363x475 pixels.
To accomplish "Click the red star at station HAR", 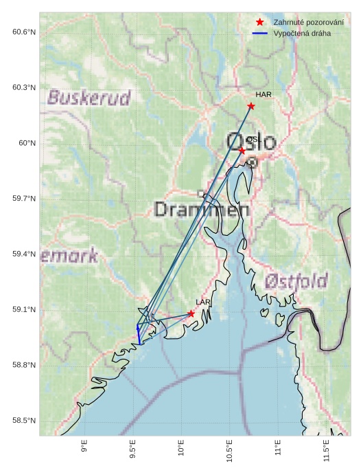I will point(251,106).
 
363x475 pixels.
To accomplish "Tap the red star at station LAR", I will point(191,313).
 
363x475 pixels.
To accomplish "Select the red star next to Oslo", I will point(242,151).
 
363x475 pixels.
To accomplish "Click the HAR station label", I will point(264,95).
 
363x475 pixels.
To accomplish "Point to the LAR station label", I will point(203,302).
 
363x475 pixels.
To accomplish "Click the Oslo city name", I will point(250,141).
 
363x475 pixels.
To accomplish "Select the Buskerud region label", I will point(89,98).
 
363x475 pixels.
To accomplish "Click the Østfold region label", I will point(296,280).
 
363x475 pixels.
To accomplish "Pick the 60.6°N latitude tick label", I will point(23,32).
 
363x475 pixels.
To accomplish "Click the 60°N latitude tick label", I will point(27,143).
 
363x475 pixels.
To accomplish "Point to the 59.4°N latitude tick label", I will point(23,254).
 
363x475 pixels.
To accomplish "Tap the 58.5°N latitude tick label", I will point(23,421).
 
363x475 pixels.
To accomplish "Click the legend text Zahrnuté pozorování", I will point(308,23).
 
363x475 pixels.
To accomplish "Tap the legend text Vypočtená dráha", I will point(302,33).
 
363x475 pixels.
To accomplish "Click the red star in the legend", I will point(259,23).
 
